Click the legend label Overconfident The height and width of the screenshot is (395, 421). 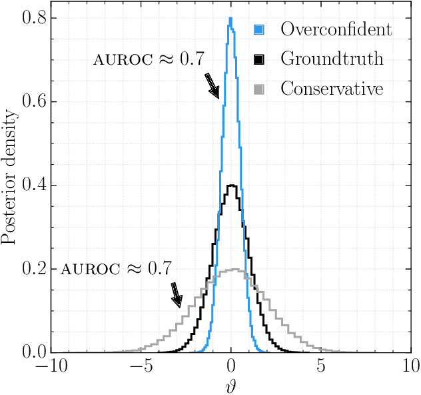click(336, 29)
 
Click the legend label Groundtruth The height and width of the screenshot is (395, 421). click(332, 59)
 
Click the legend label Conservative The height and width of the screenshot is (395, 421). click(332, 88)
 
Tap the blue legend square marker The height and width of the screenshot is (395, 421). click(260, 30)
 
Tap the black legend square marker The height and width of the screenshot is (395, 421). click(260, 59)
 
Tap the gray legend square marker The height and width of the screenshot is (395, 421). click(260, 89)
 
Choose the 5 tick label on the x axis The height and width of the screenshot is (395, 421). click(321, 366)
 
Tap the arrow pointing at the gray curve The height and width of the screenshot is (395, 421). click(176, 294)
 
